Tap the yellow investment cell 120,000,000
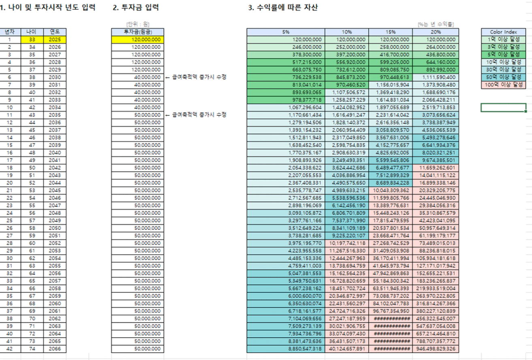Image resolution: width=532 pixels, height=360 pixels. pyautogui.click(x=137, y=40)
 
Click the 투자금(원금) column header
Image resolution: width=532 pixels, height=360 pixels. pyautogui.click(x=137, y=32)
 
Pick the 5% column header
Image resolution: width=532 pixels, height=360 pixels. pyautogui.click(x=286, y=32)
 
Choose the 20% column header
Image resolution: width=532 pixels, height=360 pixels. pyautogui.click(x=436, y=32)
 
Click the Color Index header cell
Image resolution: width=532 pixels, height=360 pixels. pyautogui.click(x=503, y=32)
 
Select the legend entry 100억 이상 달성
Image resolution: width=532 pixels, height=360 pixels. pyautogui.click(x=503, y=85)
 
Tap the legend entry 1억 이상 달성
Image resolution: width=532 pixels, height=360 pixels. pyautogui.click(x=503, y=39)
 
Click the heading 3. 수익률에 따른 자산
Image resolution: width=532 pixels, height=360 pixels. pyautogui.click(x=282, y=8)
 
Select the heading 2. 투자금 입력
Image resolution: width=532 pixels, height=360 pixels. pyautogui.click(x=135, y=8)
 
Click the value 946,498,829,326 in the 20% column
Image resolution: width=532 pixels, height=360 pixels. pyautogui.click(x=436, y=349)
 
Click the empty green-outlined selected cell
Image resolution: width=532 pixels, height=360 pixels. pyautogui.click(x=503, y=107)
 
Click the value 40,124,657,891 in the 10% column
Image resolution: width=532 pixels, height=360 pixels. pyautogui.click(x=347, y=349)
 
